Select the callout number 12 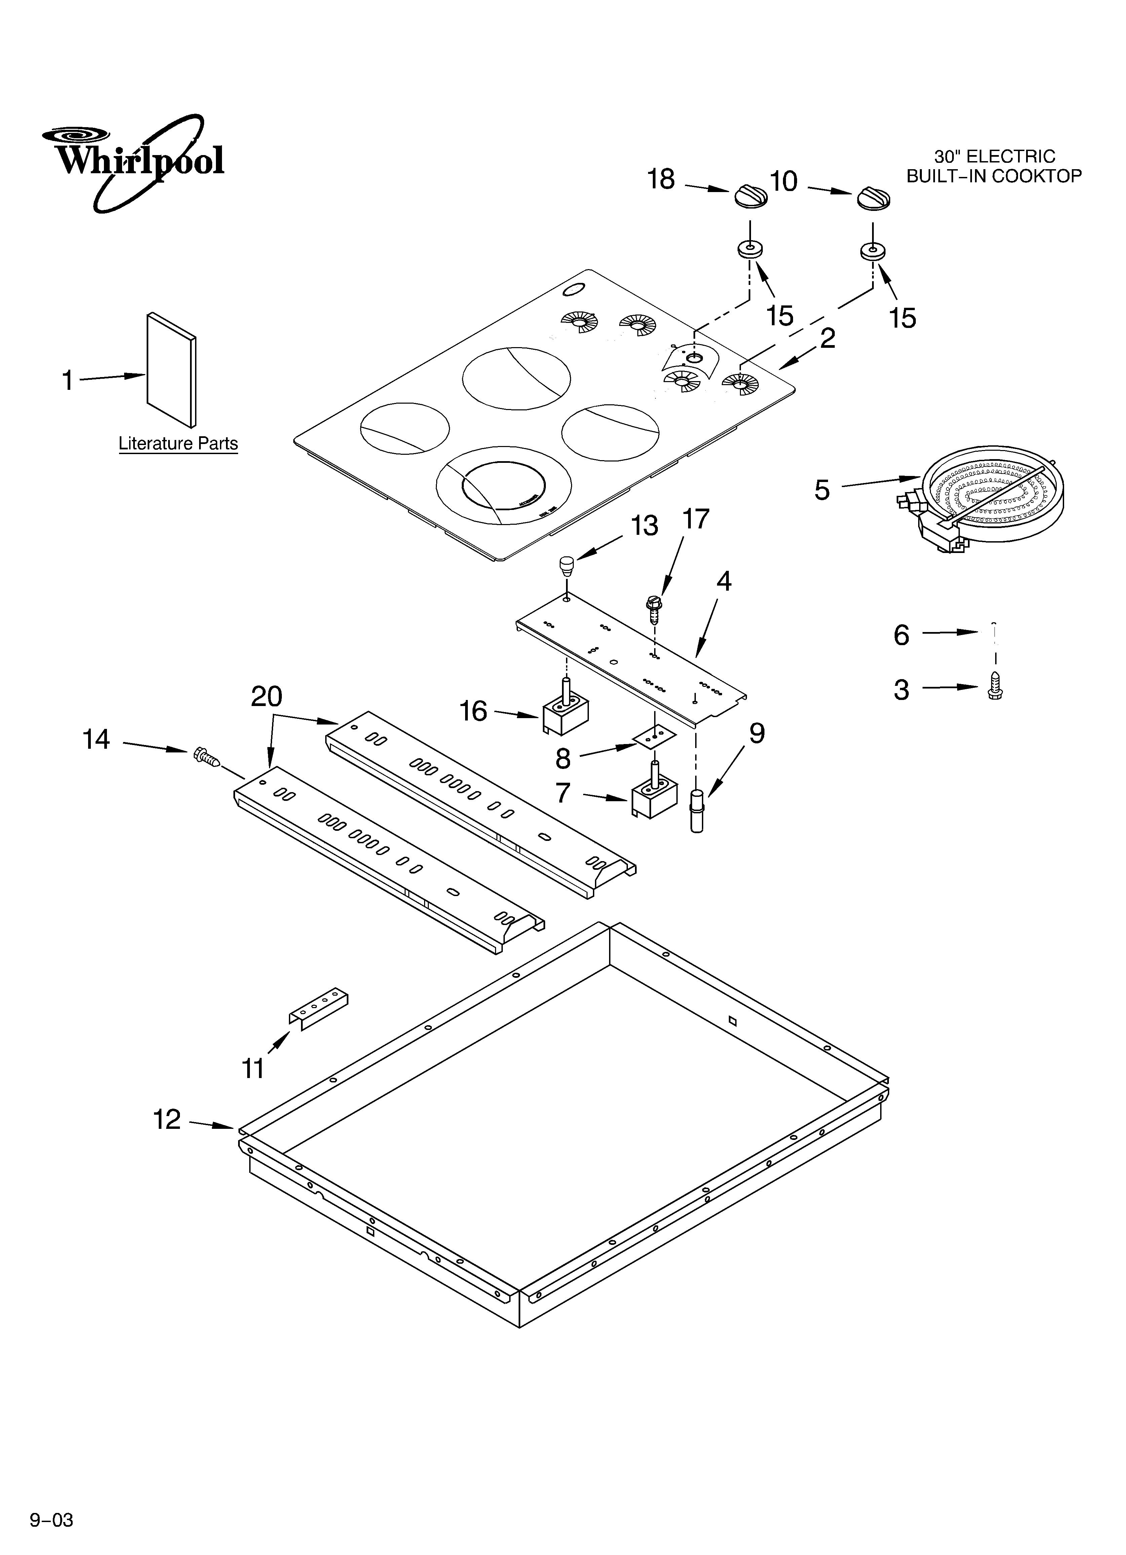pyautogui.click(x=166, y=1120)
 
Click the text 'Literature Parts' pyautogui.click(x=178, y=444)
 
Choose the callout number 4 pyautogui.click(x=723, y=582)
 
